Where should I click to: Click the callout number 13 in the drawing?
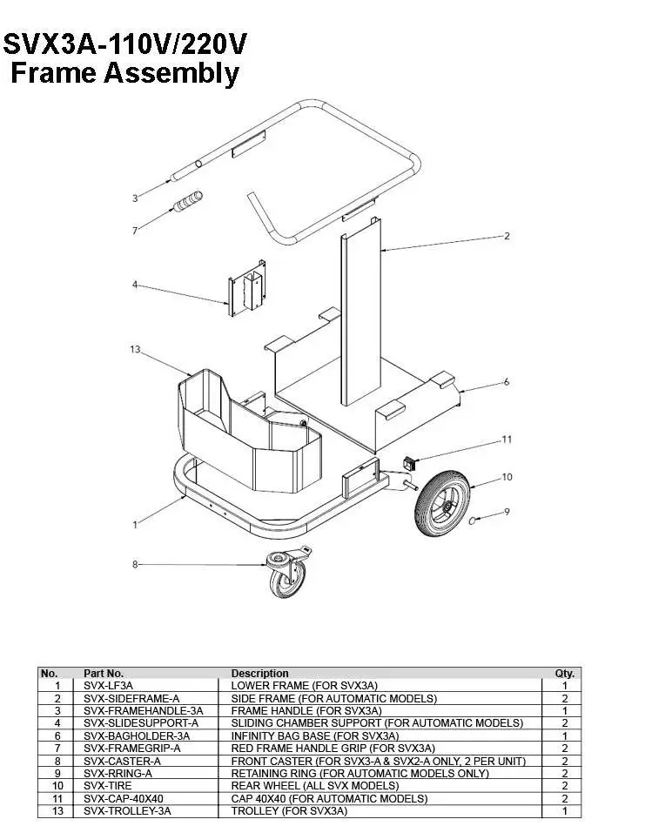point(135,349)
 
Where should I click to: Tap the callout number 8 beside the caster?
point(135,565)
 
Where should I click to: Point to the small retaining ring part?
point(473,520)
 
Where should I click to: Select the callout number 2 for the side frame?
point(507,236)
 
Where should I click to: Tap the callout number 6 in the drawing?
point(507,382)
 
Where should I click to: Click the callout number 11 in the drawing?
point(507,440)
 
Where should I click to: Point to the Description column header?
point(259,674)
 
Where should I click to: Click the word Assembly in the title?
point(172,73)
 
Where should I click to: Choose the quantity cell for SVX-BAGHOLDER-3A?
point(564,735)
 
